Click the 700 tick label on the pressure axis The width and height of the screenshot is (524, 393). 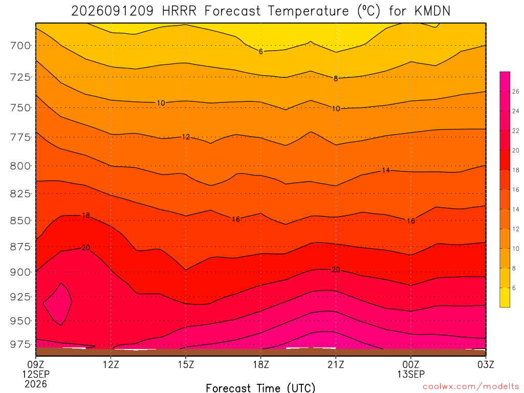pyautogui.click(x=20, y=45)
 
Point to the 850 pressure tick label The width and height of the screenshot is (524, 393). pyautogui.click(x=20, y=221)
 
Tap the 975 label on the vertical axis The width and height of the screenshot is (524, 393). pyautogui.click(x=20, y=344)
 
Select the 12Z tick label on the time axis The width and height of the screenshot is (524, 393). pyautogui.click(x=111, y=364)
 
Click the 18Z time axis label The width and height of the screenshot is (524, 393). pyautogui.click(x=261, y=364)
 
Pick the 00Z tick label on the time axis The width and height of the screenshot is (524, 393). pyautogui.click(x=411, y=364)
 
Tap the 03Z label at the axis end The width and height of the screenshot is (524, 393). pyautogui.click(x=486, y=364)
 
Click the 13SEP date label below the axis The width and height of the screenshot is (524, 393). pyautogui.click(x=411, y=374)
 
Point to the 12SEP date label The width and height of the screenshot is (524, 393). pyautogui.click(x=36, y=374)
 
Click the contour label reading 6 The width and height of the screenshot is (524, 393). pyautogui.click(x=261, y=52)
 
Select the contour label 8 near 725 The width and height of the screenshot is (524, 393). pyautogui.click(x=336, y=79)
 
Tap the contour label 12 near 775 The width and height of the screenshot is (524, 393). pyautogui.click(x=186, y=137)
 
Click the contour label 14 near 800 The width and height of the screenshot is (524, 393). pyautogui.click(x=386, y=170)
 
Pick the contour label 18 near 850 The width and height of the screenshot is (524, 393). pyautogui.click(x=86, y=215)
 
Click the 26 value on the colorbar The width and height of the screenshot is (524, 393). pyautogui.click(x=516, y=92)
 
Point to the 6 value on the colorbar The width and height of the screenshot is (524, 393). pyautogui.click(x=514, y=288)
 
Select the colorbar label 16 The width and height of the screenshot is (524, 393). pyautogui.click(x=516, y=190)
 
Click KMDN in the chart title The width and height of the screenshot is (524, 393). pyautogui.click(x=432, y=11)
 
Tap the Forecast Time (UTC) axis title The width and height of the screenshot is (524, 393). pyautogui.click(x=260, y=388)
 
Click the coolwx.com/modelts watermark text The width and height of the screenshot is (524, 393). pyautogui.click(x=471, y=387)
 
